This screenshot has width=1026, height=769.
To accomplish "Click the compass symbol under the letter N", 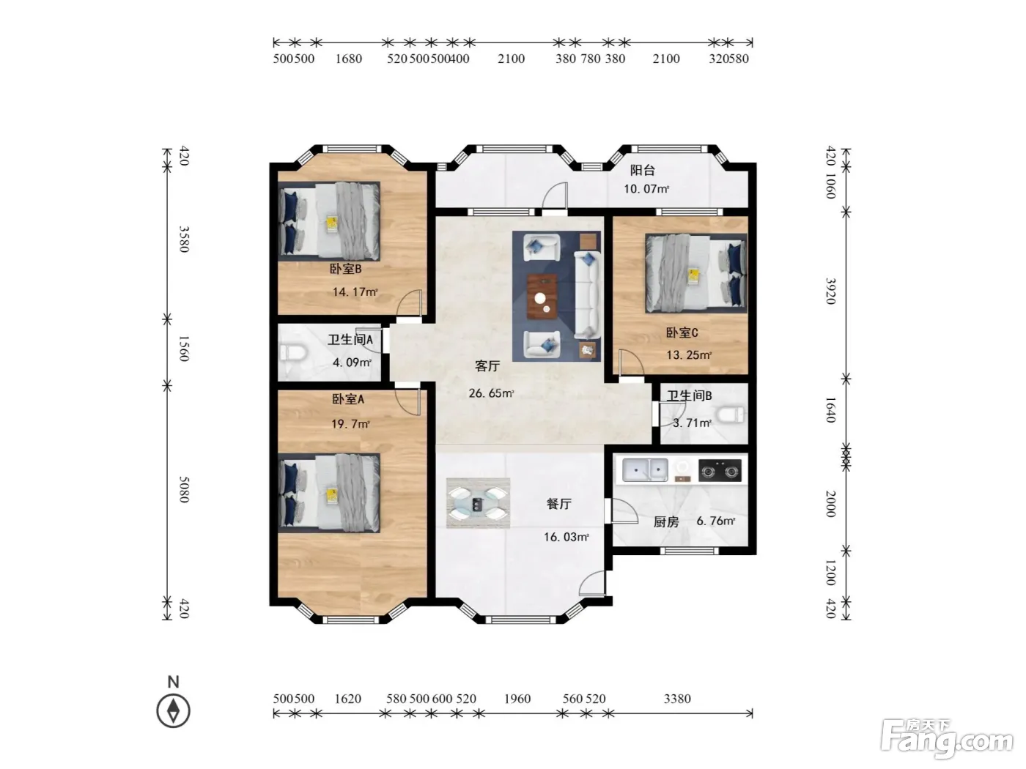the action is [173, 710].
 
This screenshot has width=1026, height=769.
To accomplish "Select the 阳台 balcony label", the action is [642, 170].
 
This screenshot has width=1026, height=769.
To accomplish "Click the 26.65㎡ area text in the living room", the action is [491, 393].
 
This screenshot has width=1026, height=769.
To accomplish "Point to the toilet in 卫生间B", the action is [730, 415].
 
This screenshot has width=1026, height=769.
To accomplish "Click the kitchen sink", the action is [645, 469].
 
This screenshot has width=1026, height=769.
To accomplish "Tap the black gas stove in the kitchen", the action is [720, 470].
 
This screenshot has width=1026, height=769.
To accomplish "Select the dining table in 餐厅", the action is [478, 503].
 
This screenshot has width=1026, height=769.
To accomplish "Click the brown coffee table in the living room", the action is [542, 297].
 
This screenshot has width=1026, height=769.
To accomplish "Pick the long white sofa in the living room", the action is [587, 294].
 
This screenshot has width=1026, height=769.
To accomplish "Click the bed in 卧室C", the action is [695, 273].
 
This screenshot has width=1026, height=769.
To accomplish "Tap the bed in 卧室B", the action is [329, 221].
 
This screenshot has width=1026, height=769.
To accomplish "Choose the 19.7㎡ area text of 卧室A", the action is [350, 424].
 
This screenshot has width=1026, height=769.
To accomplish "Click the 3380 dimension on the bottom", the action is [677, 699].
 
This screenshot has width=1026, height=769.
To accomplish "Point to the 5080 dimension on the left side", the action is [184, 489].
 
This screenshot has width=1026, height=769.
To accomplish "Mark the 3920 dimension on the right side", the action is [830, 291].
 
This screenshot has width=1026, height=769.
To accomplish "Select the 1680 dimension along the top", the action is [349, 59].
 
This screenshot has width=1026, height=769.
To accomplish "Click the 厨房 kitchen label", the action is [665, 521].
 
